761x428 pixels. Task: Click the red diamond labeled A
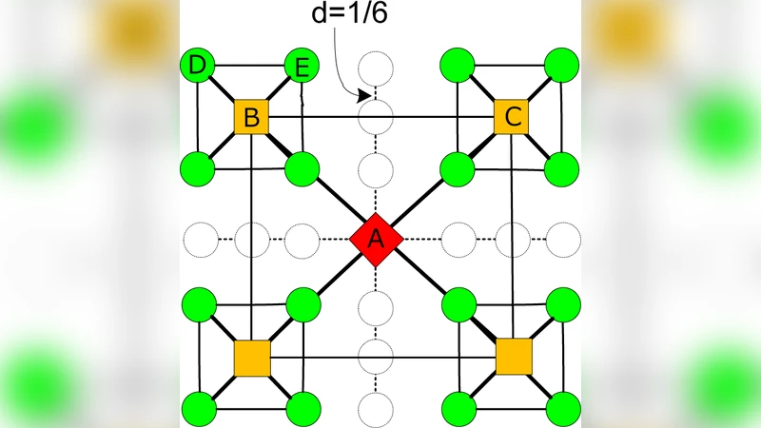376,239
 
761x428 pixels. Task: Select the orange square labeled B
252,118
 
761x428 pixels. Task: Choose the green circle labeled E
302,67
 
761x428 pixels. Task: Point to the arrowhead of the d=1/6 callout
364,96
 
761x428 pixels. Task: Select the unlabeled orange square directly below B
252,358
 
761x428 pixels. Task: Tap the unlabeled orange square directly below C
514,358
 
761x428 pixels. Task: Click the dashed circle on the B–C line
376,118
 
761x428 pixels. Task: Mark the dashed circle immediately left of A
302,239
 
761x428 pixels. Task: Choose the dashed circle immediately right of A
460,239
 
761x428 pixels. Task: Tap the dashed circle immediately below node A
376,307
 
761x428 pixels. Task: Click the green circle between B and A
302,170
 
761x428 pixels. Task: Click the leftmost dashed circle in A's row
199,239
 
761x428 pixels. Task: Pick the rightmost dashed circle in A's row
564,239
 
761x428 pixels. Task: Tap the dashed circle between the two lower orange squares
376,358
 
